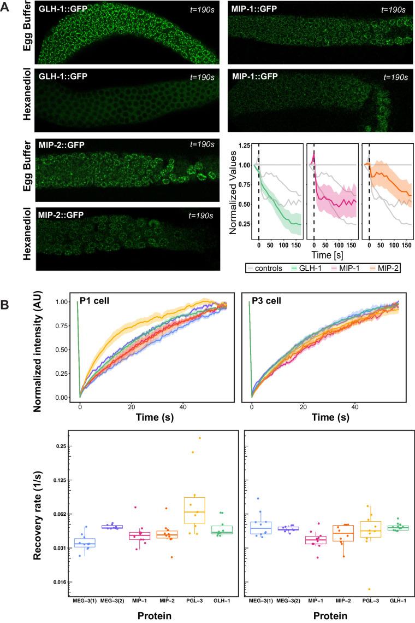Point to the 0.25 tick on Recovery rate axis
[x=58, y=446]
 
